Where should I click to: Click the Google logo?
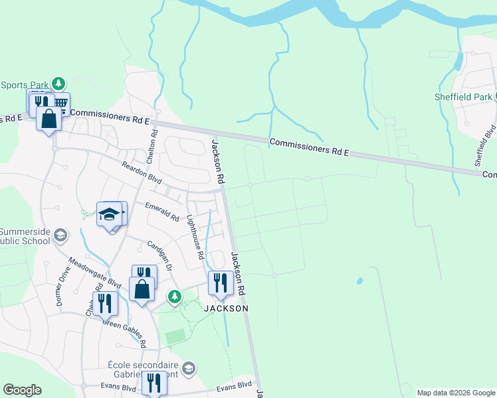[x=22, y=390]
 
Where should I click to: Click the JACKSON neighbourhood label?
[x=226, y=308]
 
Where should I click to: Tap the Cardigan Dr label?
[x=159, y=255]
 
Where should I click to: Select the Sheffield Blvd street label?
[x=485, y=145]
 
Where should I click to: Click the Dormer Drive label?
[x=63, y=290]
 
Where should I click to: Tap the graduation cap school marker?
[x=110, y=214]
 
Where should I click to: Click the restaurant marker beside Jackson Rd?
[x=219, y=283]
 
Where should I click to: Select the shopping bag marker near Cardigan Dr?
[x=142, y=289]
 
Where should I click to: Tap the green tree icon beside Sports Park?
[x=59, y=84]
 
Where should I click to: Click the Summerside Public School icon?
[x=60, y=235]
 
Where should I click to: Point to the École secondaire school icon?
[x=189, y=369]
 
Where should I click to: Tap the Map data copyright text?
[x=455, y=393]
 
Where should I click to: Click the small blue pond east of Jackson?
[x=359, y=281]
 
